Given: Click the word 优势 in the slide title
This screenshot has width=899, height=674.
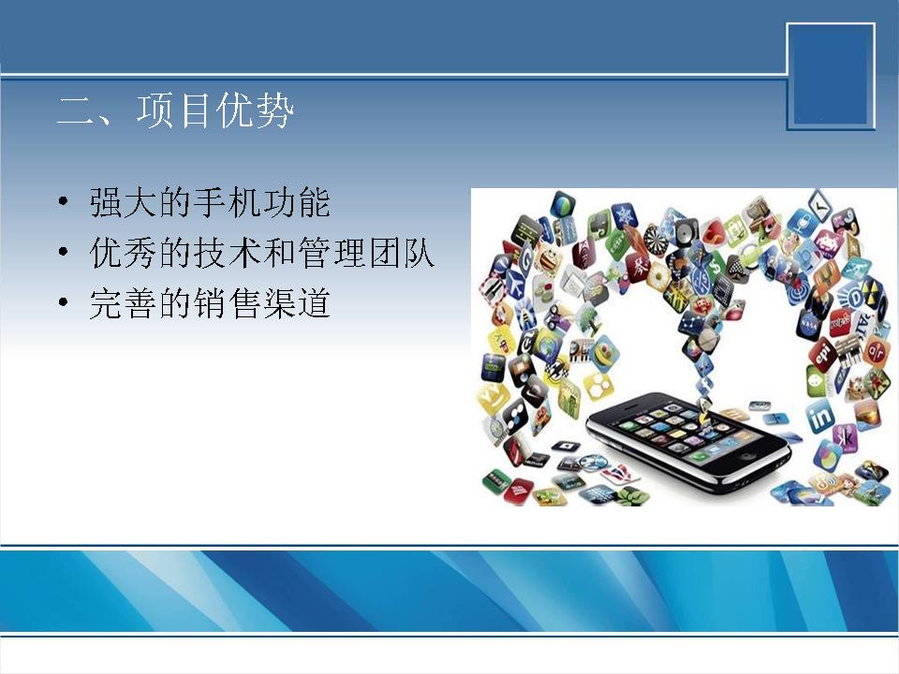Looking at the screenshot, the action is (255, 110).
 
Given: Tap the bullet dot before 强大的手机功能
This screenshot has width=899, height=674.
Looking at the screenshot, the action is (64, 202).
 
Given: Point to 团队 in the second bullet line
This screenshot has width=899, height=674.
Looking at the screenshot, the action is (401, 253).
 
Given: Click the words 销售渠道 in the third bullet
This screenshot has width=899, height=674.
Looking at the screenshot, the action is (261, 302).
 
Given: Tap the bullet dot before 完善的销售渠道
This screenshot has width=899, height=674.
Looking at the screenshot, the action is (64, 302).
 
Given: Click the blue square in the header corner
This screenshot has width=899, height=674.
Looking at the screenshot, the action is (831, 76).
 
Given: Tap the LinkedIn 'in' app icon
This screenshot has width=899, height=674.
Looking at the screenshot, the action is (820, 416).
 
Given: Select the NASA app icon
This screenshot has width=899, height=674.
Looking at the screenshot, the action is (808, 325).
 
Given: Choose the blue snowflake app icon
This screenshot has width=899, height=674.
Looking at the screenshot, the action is (624, 217).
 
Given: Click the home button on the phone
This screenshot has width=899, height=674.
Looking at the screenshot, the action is (747, 456).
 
